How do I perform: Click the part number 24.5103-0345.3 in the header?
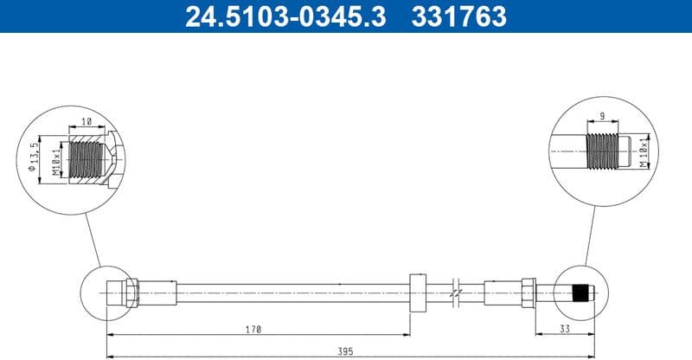285,16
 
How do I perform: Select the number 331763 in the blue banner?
458,16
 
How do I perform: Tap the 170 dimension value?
252,330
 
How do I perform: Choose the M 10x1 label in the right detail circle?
643,152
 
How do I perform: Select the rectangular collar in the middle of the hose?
417,292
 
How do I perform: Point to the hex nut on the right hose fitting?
528,292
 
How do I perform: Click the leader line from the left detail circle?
93,238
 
